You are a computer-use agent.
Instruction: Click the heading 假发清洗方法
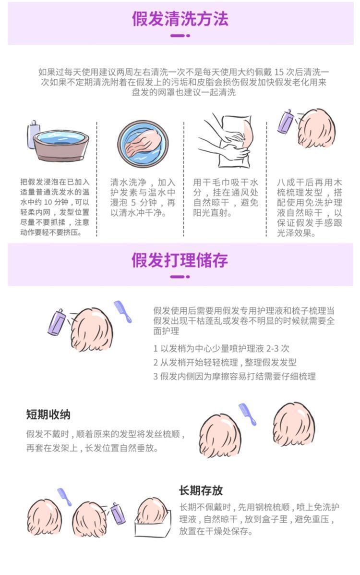[180, 19]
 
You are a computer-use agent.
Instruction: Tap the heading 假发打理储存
[180, 260]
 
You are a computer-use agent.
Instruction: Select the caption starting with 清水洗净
[143, 197]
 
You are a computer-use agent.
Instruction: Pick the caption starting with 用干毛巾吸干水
[226, 197]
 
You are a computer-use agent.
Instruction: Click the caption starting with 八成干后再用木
[310, 208]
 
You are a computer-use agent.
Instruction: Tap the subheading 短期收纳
[48, 414]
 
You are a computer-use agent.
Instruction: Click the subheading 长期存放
[201, 490]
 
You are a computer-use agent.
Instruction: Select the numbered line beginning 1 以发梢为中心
[221, 349]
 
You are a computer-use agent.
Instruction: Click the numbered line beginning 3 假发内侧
[234, 376]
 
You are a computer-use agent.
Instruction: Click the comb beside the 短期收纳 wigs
[248, 414]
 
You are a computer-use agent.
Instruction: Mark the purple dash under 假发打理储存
[180, 277]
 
